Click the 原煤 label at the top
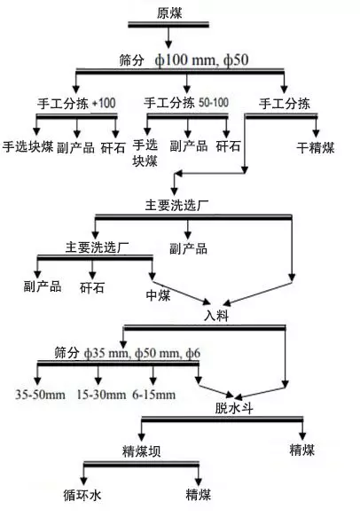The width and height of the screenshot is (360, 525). click(x=169, y=13)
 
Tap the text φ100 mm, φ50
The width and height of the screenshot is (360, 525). click(x=201, y=60)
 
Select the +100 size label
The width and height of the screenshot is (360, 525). click(x=104, y=103)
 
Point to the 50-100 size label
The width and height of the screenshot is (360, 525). click(x=214, y=103)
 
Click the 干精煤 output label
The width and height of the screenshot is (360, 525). click(x=316, y=147)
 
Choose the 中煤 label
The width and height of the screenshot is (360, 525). click(x=158, y=295)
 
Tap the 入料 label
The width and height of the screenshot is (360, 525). click(x=216, y=316)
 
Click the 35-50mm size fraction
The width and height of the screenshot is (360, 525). click(x=40, y=395)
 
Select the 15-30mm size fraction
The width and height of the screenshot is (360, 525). click(x=101, y=395)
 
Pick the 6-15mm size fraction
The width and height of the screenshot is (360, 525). click(x=153, y=395)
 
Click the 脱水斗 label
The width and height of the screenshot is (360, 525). click(x=233, y=408)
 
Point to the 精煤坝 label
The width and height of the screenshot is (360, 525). click(x=141, y=451)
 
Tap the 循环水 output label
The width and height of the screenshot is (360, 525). click(x=82, y=495)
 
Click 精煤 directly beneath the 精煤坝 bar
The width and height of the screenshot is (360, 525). click(x=199, y=495)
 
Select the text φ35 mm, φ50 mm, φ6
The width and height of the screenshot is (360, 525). click(x=143, y=353)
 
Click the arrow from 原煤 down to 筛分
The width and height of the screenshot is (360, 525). click(x=168, y=37)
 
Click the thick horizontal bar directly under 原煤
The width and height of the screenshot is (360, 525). click(x=168, y=25)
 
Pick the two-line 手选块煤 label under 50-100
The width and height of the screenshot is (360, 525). click(x=145, y=153)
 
